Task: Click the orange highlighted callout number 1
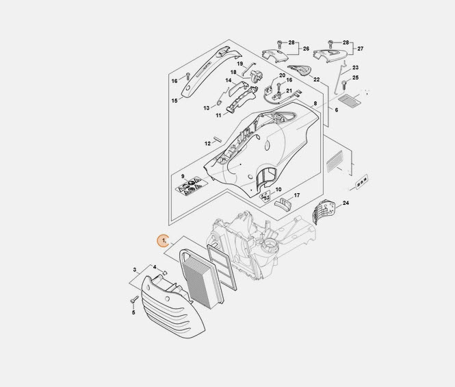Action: click(x=163, y=240)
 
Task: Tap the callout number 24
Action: click(x=346, y=203)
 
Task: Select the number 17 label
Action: click(x=297, y=196)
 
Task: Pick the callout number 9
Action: click(x=183, y=177)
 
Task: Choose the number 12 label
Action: click(x=207, y=144)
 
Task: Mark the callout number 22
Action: click(x=317, y=79)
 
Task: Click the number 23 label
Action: click(x=356, y=68)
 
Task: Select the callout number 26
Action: click(x=307, y=49)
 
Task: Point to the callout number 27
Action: click(x=361, y=49)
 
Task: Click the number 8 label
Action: click(x=315, y=103)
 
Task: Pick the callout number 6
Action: click(x=336, y=110)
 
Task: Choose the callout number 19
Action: click(x=240, y=63)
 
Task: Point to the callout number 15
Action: click(x=174, y=101)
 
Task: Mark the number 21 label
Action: click(x=289, y=91)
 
